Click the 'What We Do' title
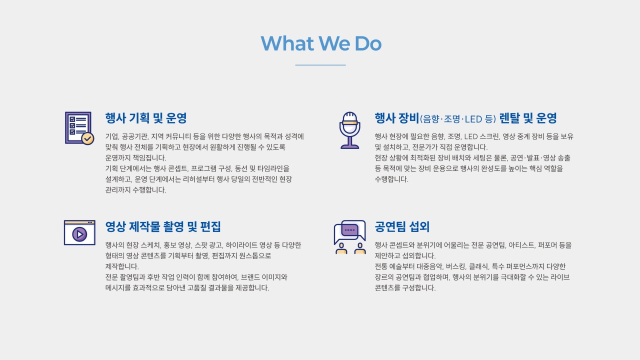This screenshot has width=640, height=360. tap(320, 43)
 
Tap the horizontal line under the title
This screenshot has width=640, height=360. tap(320, 65)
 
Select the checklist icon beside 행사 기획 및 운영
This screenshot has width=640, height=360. tap(78, 128)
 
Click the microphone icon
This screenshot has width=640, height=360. tap(349, 130)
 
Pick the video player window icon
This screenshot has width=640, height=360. tap(79, 232)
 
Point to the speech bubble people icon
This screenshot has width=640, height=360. tap(349, 237)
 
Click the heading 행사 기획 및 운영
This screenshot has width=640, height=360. tap(145, 118)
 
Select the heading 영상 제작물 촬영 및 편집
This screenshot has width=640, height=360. tap(162, 227)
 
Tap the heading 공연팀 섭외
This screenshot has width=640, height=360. tap(402, 227)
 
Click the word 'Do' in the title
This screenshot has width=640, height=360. tap(367, 43)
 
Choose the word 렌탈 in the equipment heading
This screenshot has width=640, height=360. tap(509, 118)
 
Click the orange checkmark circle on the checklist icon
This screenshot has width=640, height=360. tap(87, 138)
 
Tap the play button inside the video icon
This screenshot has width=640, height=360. tap(79, 234)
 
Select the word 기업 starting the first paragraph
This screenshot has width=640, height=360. tap(111, 136)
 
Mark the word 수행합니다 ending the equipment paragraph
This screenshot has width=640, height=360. tap(391, 179)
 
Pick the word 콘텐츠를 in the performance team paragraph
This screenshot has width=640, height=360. tap(387, 288)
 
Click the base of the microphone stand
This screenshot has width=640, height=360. tap(349, 147)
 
